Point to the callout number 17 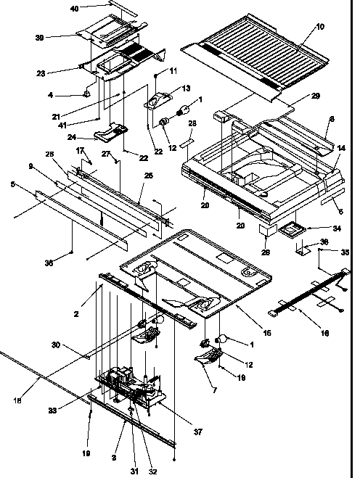click(x=81, y=150)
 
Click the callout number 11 click(x=173, y=71)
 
